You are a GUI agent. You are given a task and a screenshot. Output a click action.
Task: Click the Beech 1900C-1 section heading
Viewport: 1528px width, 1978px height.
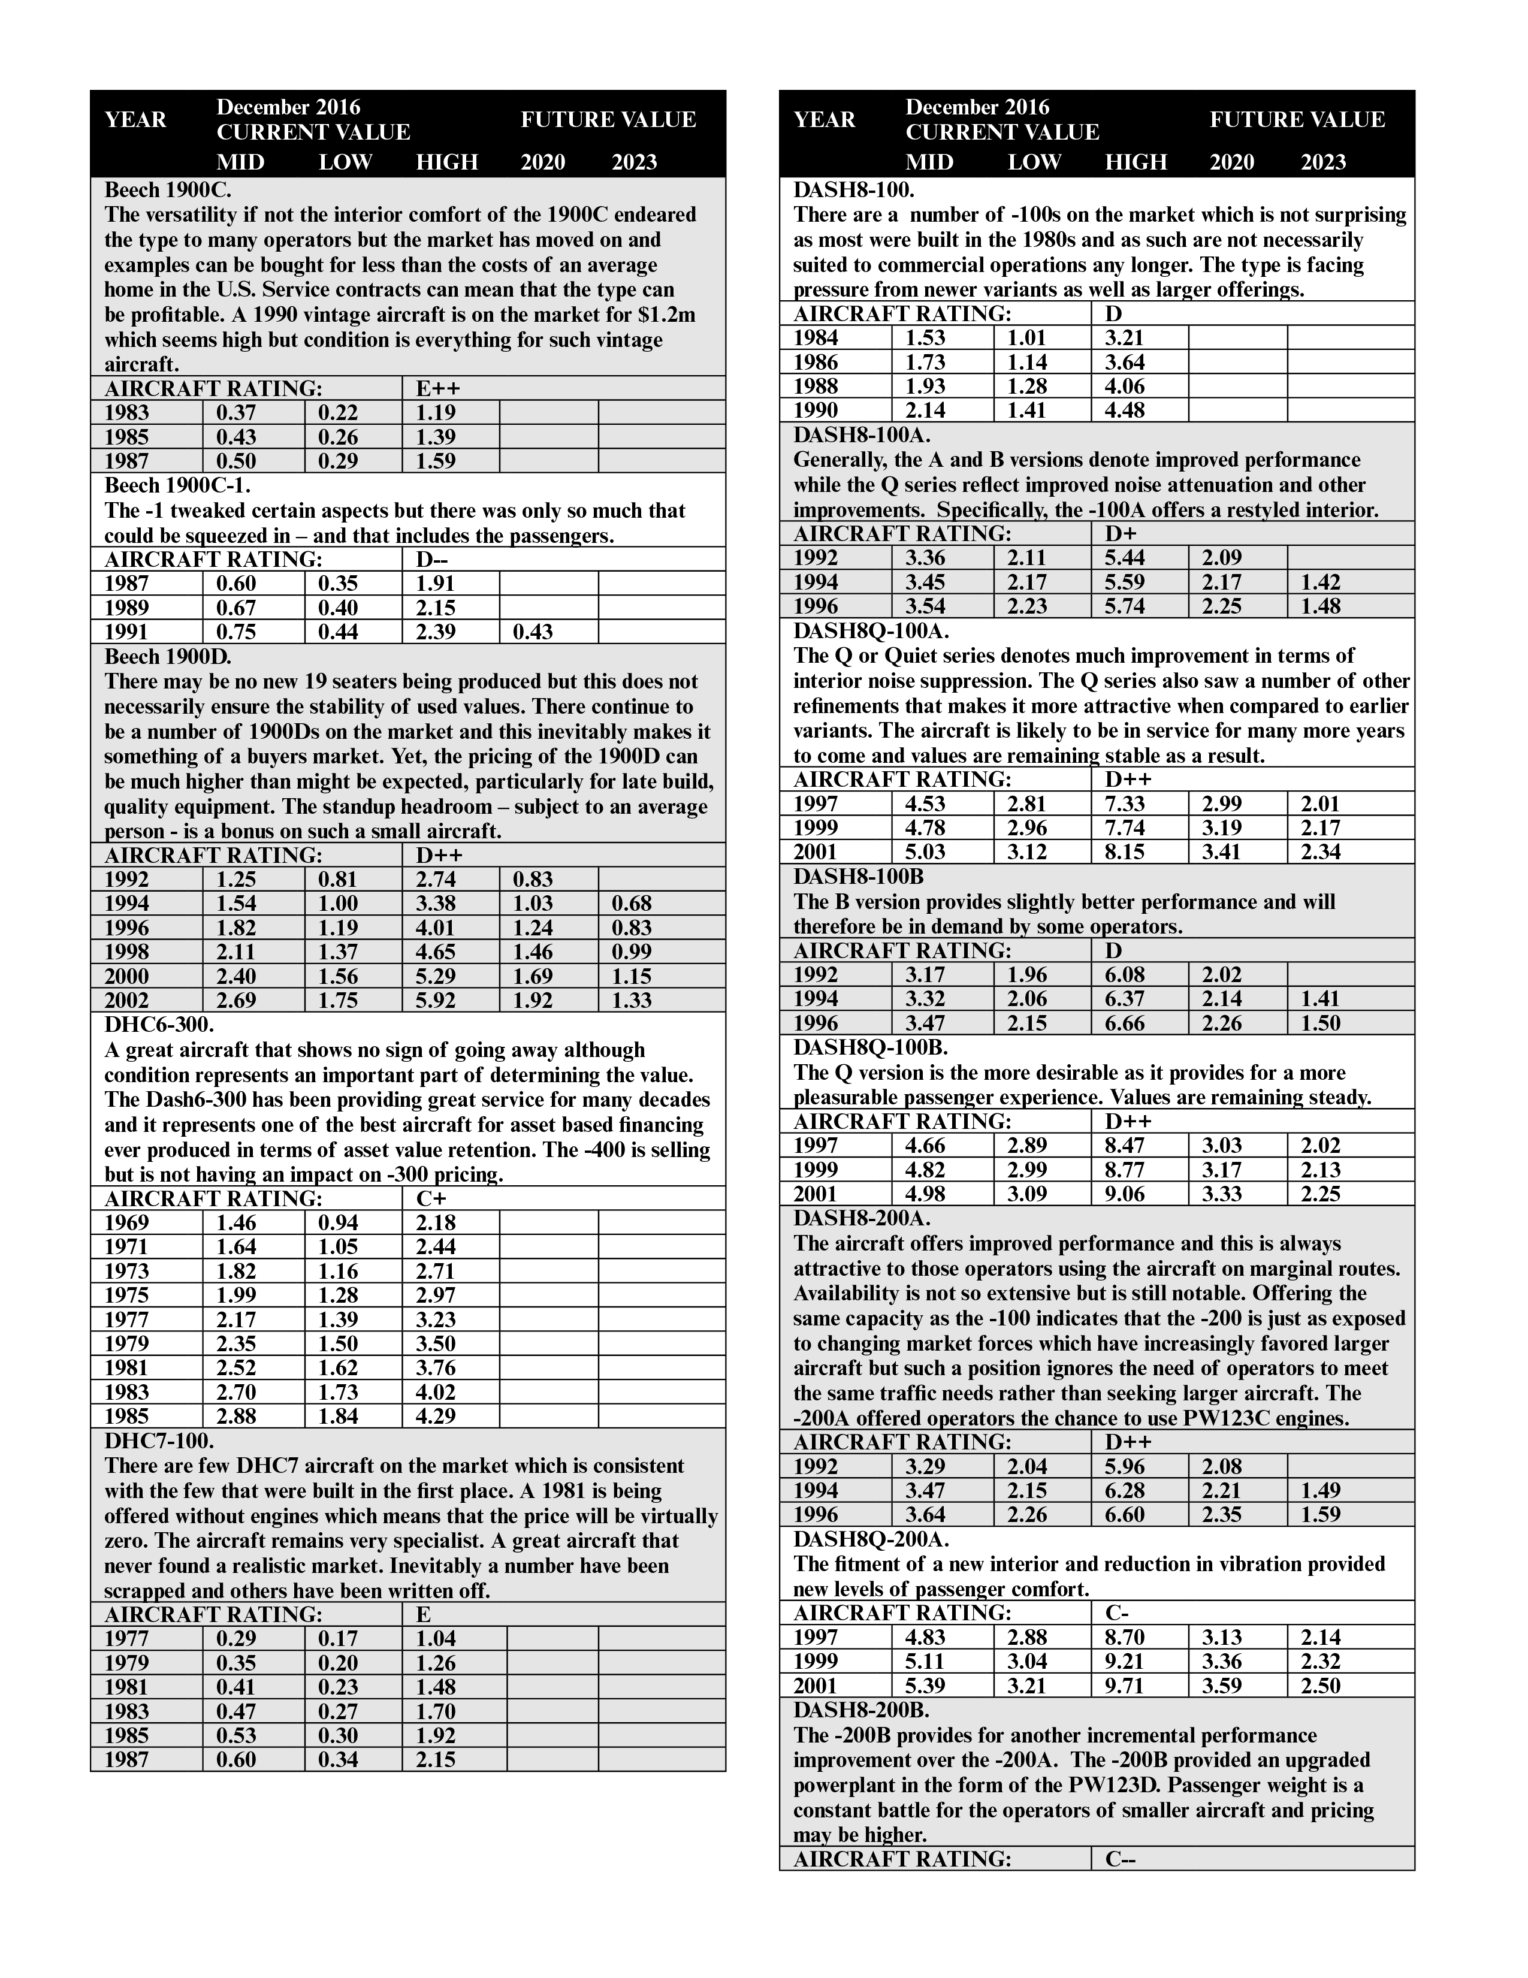(x=177, y=485)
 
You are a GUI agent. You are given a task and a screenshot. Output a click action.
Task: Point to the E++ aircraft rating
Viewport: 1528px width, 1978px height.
(x=439, y=388)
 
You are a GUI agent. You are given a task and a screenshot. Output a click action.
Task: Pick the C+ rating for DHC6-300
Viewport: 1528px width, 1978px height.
(x=431, y=1198)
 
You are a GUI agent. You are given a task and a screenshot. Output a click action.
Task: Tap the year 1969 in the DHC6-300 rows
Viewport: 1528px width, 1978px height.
(x=127, y=1222)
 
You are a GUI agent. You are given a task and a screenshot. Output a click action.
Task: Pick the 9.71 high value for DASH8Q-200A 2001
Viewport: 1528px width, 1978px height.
(x=1125, y=1686)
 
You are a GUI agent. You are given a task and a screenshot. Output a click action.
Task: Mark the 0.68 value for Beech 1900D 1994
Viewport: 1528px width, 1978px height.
(x=632, y=903)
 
